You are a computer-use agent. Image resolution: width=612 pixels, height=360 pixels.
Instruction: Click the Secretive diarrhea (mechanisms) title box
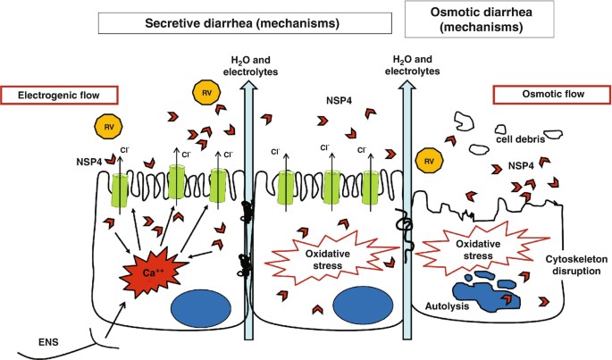pyautogui.click(x=245, y=23)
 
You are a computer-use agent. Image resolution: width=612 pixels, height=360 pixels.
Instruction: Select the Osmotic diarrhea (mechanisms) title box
pyautogui.click(x=479, y=19)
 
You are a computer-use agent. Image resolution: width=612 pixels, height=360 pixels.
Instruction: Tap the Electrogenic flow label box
pyautogui.click(x=59, y=96)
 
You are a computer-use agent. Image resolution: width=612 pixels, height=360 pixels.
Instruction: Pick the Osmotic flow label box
pyautogui.click(x=552, y=95)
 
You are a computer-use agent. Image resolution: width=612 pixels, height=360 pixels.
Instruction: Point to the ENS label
pyautogui.click(x=48, y=342)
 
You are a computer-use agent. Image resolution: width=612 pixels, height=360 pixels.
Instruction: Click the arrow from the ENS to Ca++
pyautogui.click(x=116, y=318)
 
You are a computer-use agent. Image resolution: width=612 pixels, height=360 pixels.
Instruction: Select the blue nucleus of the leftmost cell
pyautogui.click(x=201, y=307)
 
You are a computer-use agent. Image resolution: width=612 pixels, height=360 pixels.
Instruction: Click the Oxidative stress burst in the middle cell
pyautogui.click(x=329, y=259)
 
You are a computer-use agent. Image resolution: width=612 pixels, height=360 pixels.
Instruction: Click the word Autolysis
pyautogui.click(x=447, y=306)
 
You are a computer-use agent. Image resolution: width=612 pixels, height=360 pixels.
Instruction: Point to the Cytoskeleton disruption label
pyautogui.click(x=576, y=265)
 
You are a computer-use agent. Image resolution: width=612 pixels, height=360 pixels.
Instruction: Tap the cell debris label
pyautogui.click(x=520, y=139)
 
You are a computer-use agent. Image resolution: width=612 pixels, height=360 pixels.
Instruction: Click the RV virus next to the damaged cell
pyautogui.click(x=430, y=161)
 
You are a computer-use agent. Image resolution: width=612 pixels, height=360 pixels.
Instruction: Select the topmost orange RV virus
pyautogui.click(x=206, y=93)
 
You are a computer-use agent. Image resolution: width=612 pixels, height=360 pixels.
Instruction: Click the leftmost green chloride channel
pyautogui.click(x=120, y=191)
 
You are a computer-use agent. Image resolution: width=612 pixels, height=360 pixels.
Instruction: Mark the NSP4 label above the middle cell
pyautogui.click(x=339, y=100)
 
